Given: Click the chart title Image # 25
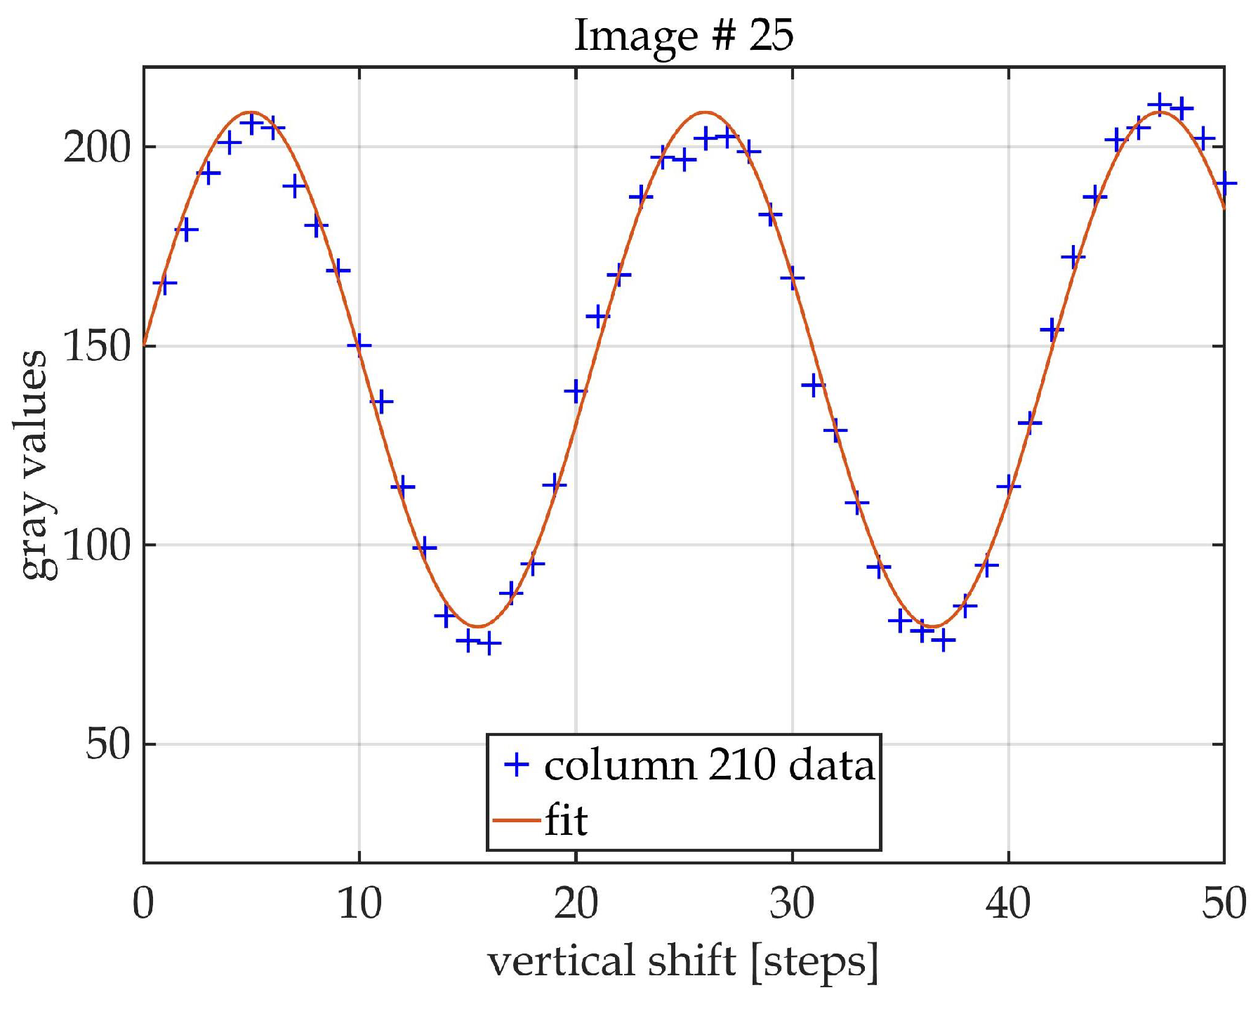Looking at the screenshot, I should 684,35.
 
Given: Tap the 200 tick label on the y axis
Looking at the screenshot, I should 98,148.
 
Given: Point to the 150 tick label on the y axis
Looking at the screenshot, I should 98,347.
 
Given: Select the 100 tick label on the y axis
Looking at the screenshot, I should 98,546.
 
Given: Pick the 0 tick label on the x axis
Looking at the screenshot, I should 143,904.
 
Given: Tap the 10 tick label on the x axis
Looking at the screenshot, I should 359,904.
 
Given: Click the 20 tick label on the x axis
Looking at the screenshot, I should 576,904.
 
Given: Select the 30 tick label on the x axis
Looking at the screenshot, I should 792,904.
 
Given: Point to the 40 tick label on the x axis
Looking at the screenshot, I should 1008,904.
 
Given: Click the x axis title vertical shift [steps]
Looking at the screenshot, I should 682,962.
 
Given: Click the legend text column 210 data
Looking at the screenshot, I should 709,765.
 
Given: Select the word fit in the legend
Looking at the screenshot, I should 566,820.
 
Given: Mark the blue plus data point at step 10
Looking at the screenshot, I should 359,345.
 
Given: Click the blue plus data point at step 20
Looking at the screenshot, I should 576,391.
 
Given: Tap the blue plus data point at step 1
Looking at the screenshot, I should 165,284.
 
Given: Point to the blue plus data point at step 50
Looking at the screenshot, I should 1225,184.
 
